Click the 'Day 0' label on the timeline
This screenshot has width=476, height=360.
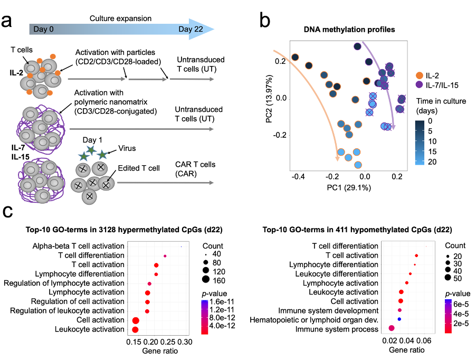point(43,29)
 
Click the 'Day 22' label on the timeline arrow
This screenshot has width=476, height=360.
point(191,29)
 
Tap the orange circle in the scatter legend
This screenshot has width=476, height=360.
point(420,75)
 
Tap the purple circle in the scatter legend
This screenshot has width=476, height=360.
point(419,84)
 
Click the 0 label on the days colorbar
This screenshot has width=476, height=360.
point(430,121)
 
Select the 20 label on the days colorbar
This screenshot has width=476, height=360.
point(432,162)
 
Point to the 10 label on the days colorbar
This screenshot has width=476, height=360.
point(432,141)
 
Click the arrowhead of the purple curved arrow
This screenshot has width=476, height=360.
point(393,127)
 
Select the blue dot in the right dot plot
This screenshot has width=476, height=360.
point(399,319)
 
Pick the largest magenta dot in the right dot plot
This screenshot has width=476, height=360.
point(392,328)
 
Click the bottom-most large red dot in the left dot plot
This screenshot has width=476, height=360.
point(135,329)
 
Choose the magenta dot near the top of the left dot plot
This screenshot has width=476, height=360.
point(165,256)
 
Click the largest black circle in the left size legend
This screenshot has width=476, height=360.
point(206,279)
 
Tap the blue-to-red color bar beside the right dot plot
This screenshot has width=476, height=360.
point(448,316)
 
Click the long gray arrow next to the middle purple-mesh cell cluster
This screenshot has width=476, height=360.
point(141,129)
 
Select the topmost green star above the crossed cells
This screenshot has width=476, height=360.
point(91,150)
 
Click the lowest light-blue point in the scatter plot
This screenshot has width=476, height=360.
point(358,165)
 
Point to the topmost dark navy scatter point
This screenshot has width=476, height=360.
point(357,46)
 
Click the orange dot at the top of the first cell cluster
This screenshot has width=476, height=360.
point(53,56)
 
